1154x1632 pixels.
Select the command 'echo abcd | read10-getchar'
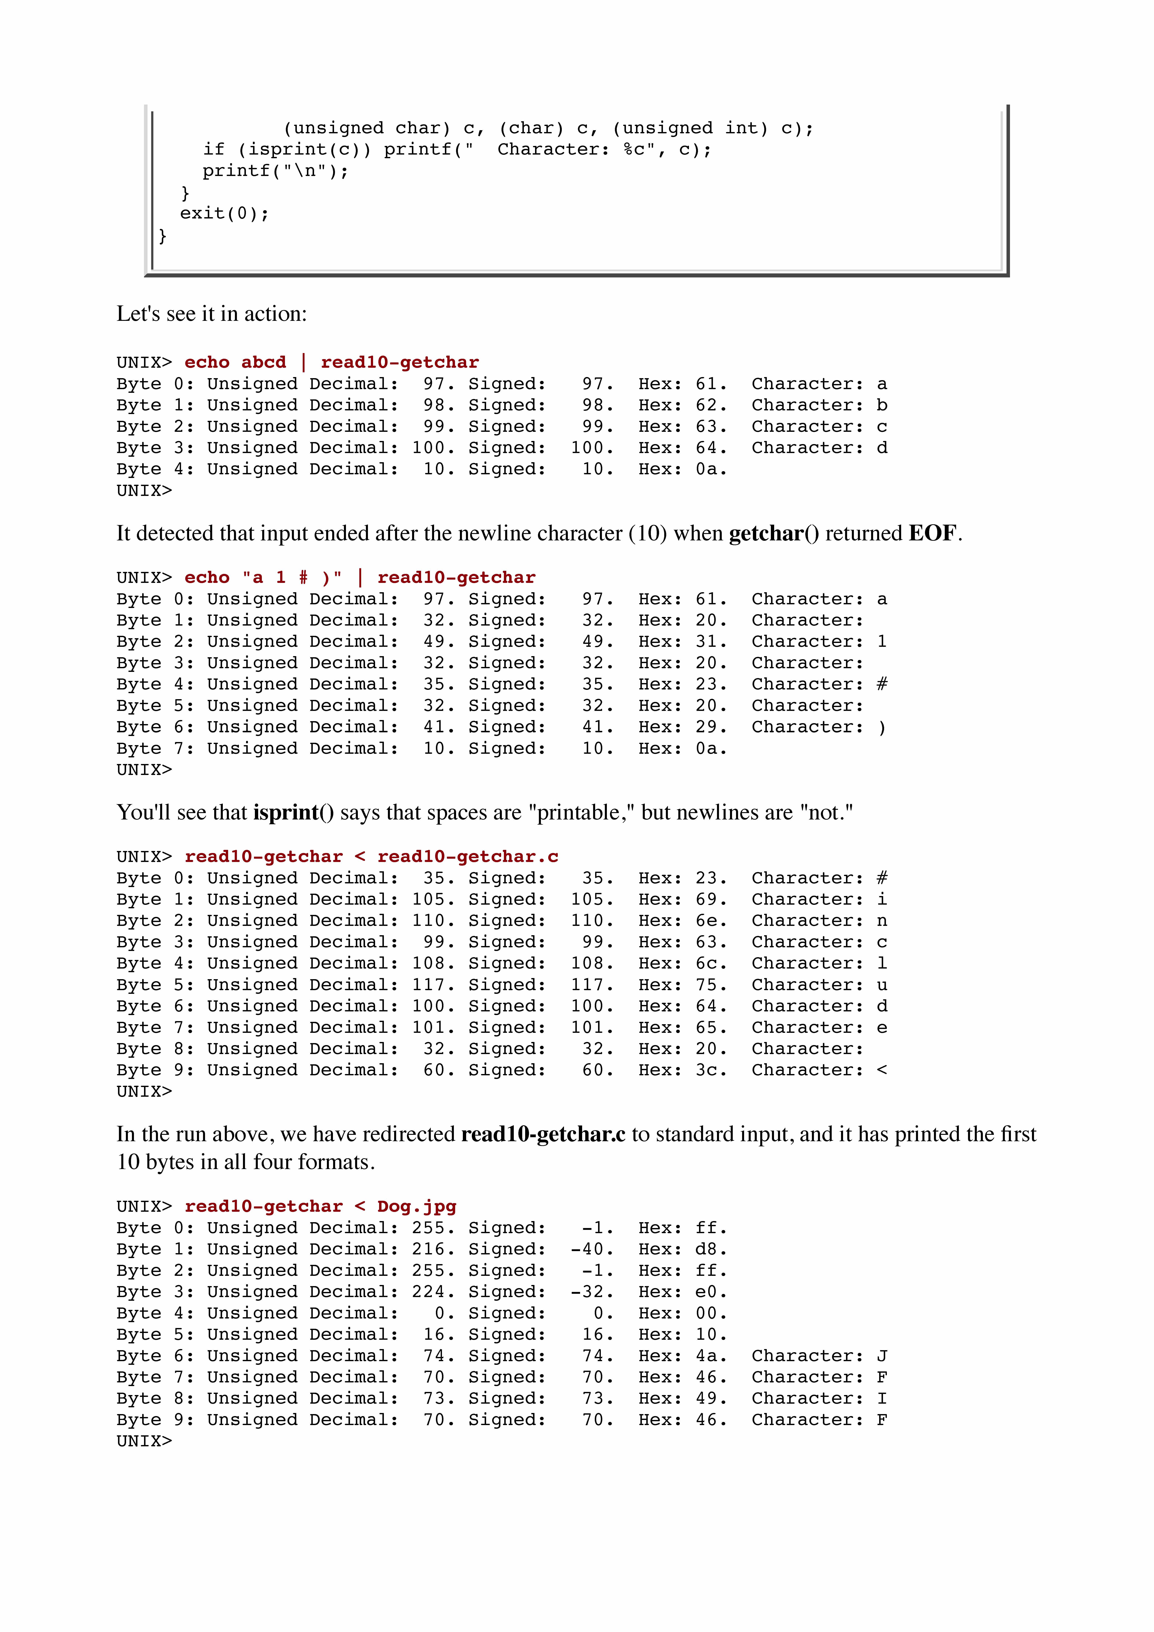pyautogui.click(x=331, y=363)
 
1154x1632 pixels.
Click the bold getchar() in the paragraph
pyautogui.click(x=774, y=533)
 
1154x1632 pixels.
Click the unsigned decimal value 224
pyautogui.click(x=429, y=1292)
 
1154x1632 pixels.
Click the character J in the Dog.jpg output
pyautogui.click(x=882, y=1355)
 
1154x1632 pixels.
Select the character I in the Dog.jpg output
pyautogui.click(x=882, y=1398)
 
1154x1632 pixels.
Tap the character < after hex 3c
pyautogui.click(x=882, y=1070)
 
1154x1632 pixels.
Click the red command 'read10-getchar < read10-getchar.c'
pyautogui.click(x=371, y=856)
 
